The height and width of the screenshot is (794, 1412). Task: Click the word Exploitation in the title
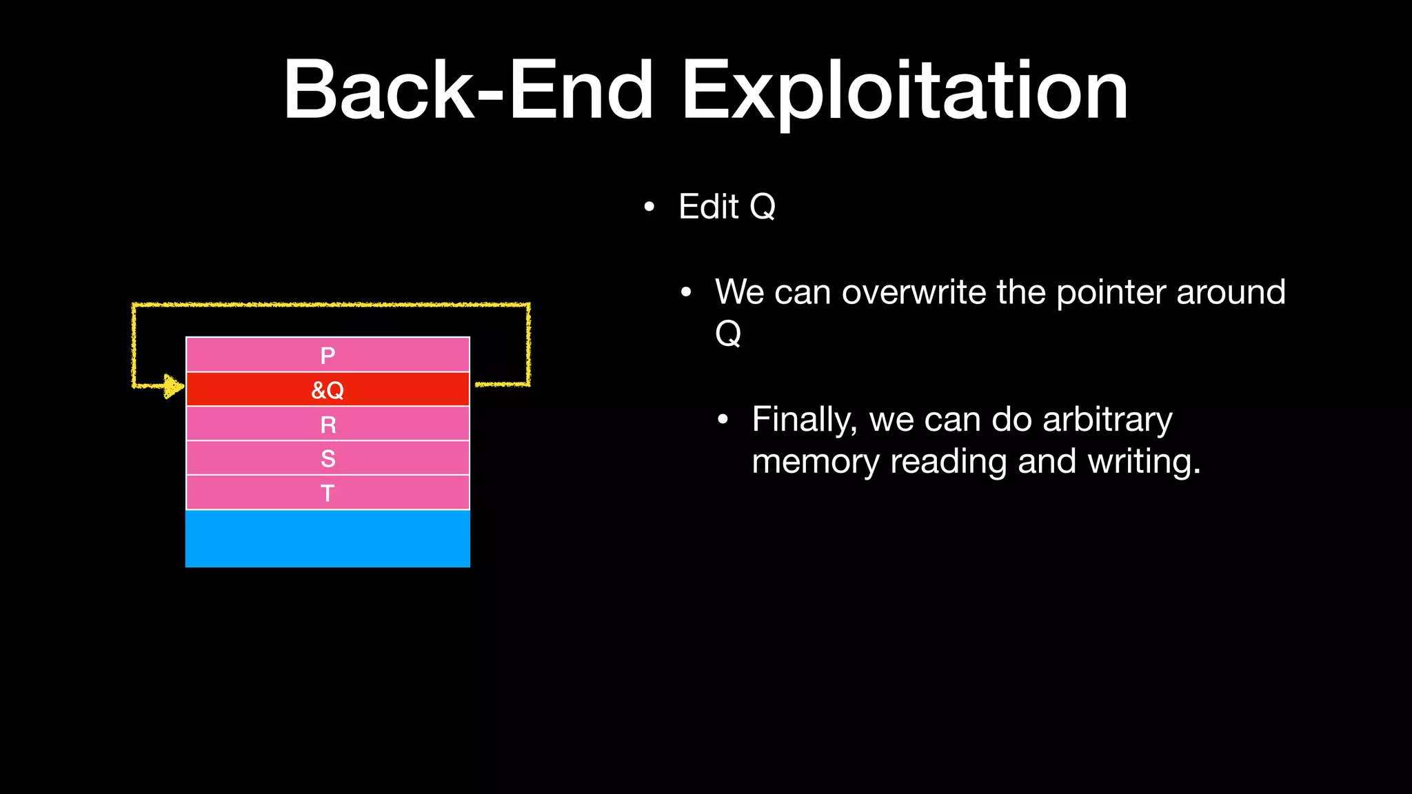[x=905, y=91]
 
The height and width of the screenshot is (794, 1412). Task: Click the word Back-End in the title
[x=468, y=91]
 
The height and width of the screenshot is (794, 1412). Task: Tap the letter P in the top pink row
[x=327, y=356]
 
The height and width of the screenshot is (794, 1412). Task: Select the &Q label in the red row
[x=327, y=390]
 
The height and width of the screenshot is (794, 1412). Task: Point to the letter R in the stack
[x=328, y=425]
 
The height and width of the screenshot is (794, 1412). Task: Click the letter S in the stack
[x=328, y=459]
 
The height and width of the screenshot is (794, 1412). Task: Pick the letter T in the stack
[x=327, y=493]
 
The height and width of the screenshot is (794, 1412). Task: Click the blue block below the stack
[x=327, y=539]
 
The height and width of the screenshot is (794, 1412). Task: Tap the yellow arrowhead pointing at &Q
[x=173, y=386]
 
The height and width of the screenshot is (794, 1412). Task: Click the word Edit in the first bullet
[x=708, y=206]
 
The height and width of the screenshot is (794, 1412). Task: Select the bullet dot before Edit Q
[x=649, y=207]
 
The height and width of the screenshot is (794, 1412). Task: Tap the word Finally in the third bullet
[x=804, y=420]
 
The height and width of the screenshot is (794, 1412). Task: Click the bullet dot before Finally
[x=723, y=420]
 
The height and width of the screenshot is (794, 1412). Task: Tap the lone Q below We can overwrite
[x=728, y=334]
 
